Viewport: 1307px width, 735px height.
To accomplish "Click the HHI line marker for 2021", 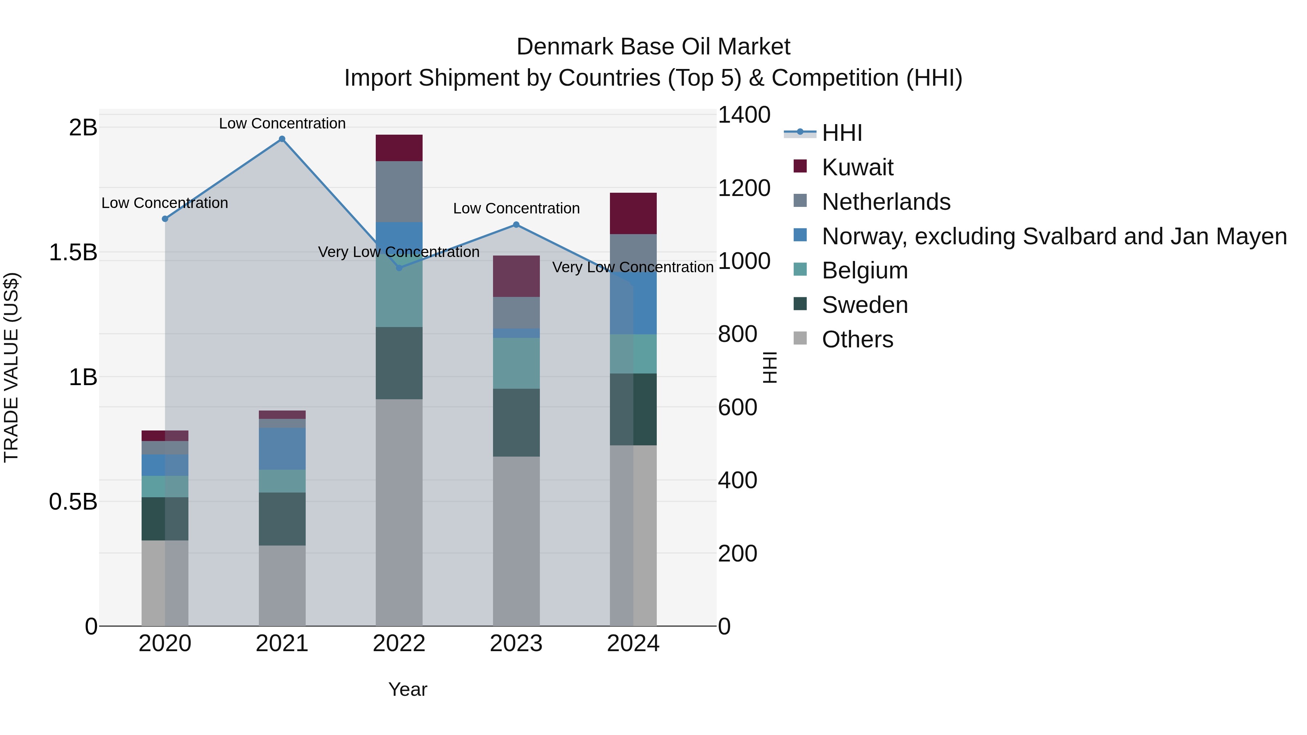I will click(x=282, y=139).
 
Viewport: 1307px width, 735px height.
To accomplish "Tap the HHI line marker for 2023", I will click(x=516, y=225).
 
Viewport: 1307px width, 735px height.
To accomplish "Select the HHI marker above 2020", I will click(x=165, y=219).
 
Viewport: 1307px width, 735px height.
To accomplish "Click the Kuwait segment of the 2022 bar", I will click(x=399, y=148).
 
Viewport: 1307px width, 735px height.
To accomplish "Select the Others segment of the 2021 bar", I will click(x=282, y=585).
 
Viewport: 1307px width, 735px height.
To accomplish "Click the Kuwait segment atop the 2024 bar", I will click(x=633, y=213).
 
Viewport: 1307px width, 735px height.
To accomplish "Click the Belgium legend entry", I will click(x=864, y=270).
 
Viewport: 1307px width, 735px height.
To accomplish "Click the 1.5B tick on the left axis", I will click(x=73, y=253).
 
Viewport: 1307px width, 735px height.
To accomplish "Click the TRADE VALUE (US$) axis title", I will click(x=11, y=367).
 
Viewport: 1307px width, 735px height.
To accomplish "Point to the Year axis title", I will click(x=407, y=689).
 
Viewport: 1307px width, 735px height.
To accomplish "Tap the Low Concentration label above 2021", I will click(x=282, y=123).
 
